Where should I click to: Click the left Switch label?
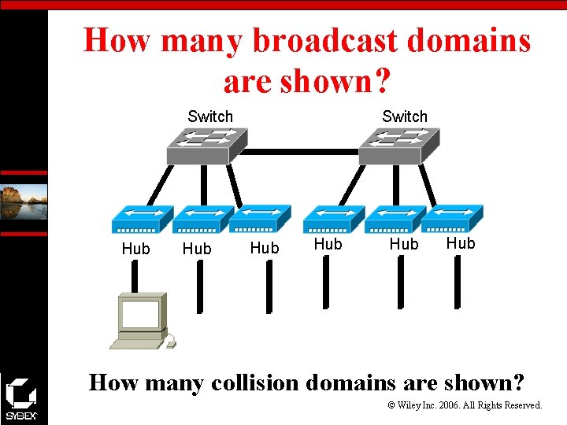pos(210,116)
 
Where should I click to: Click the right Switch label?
pos(405,116)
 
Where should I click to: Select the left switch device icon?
pos(207,146)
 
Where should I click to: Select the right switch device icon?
pos(400,146)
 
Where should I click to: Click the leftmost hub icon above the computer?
pos(142,219)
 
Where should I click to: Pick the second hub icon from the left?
pos(202,219)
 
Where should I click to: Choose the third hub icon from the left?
pos(261,218)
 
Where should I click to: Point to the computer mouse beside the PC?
pos(170,341)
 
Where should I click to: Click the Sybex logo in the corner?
pos(20,398)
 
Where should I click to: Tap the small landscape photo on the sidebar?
pos(24,201)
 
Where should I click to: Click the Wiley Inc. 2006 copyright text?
pos(465,405)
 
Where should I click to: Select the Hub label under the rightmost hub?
pos(461,243)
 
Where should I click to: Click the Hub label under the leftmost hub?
pos(135,249)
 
